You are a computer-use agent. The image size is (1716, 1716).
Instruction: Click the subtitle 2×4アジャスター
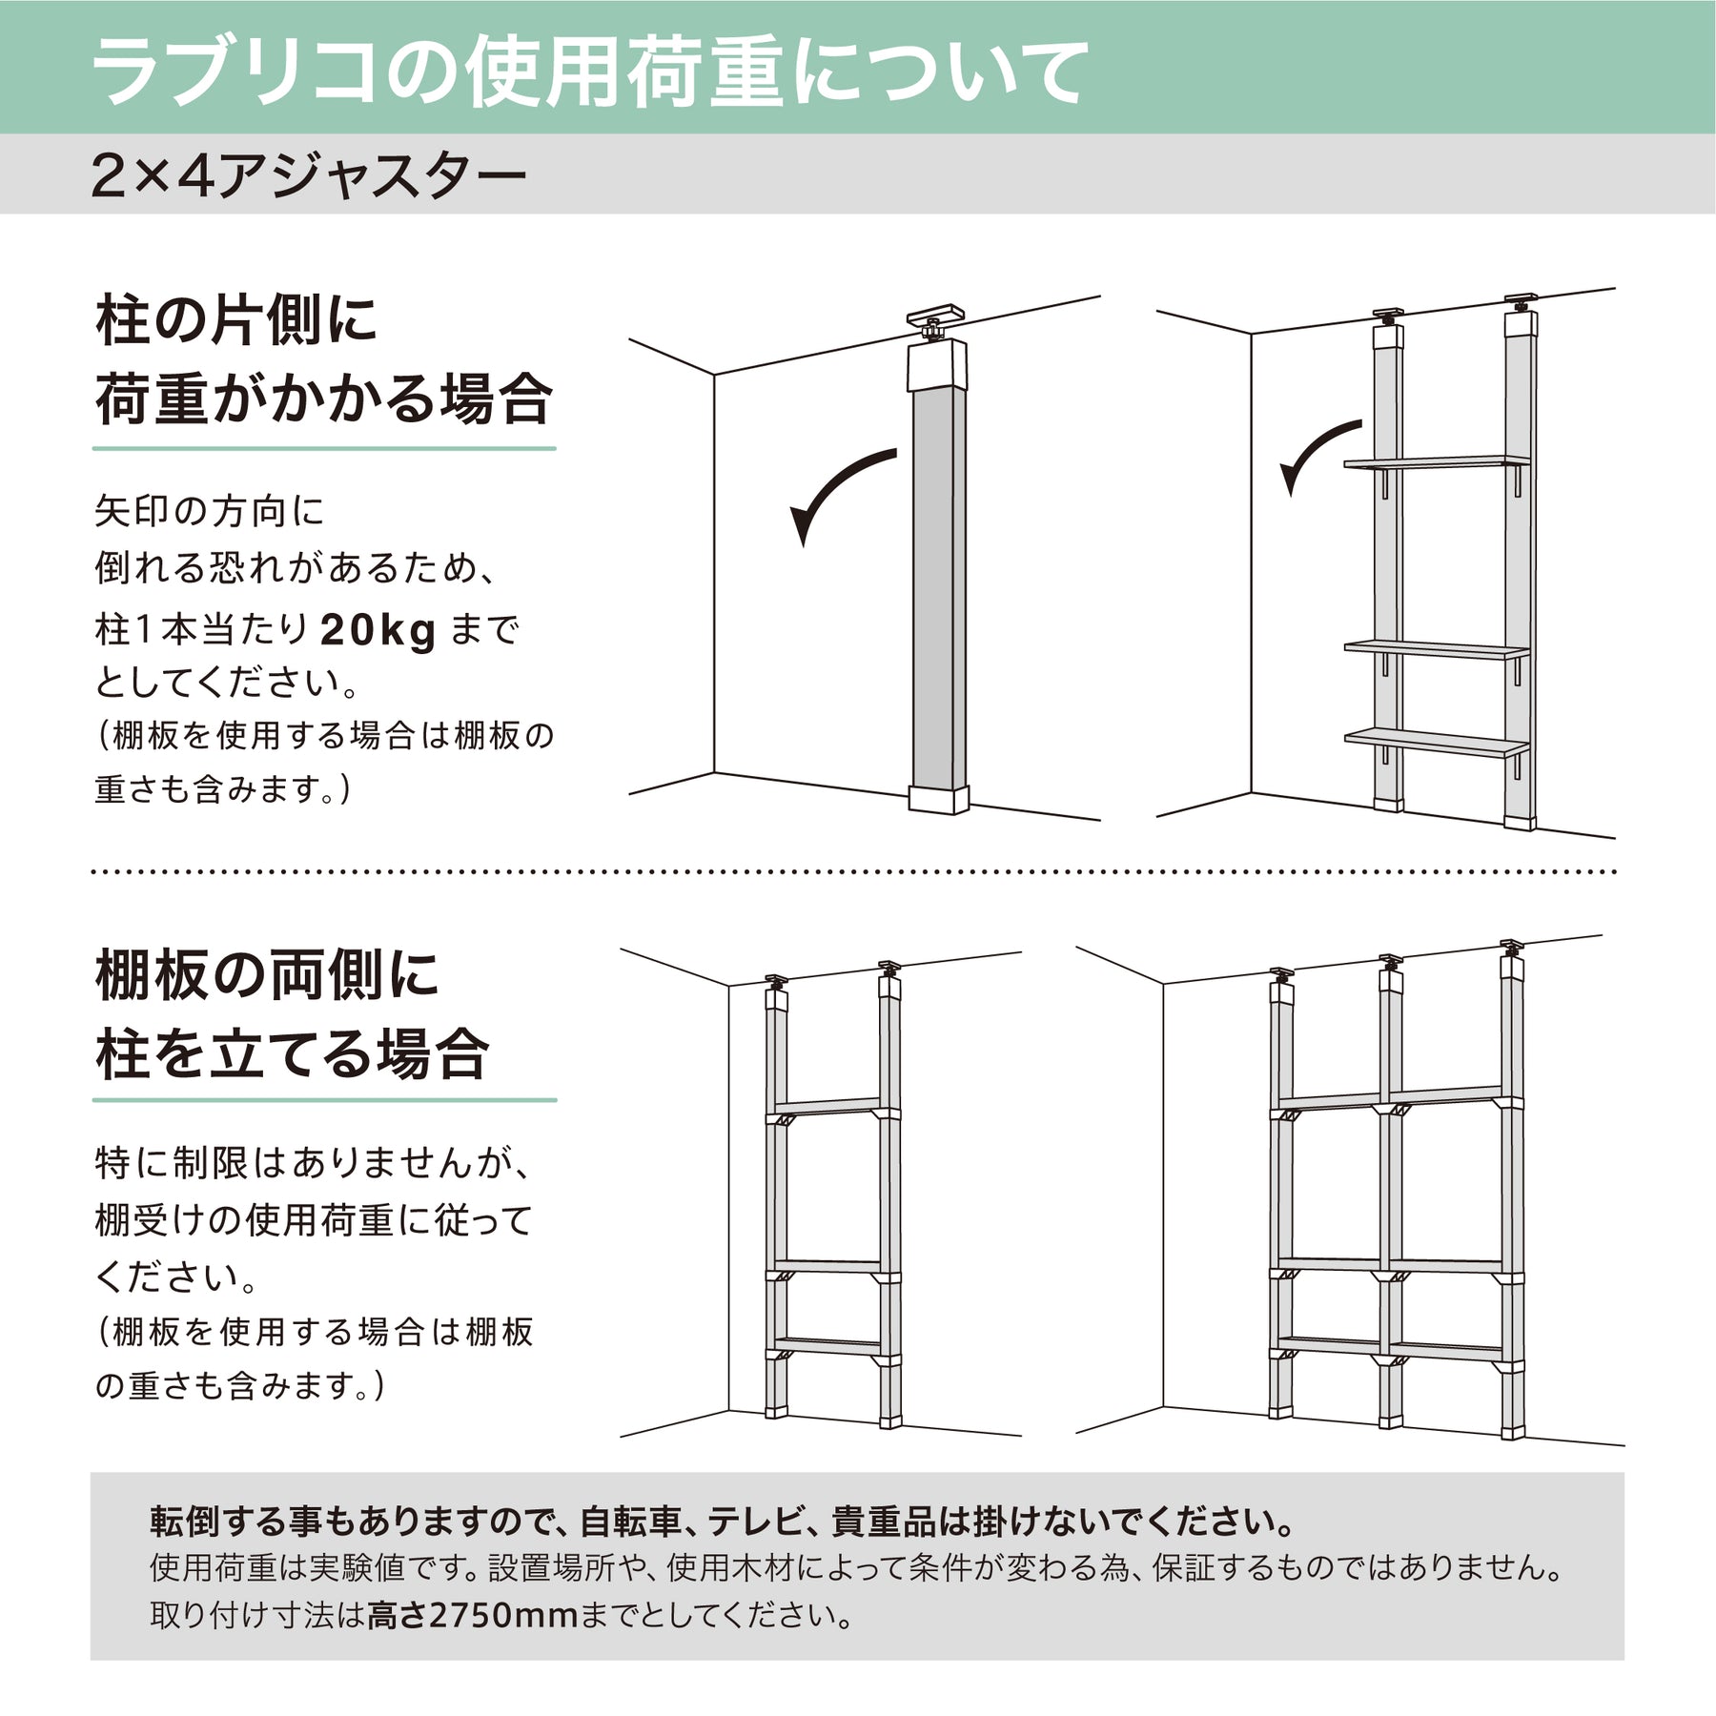(x=309, y=176)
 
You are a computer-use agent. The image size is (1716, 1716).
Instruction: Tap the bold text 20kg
(x=378, y=630)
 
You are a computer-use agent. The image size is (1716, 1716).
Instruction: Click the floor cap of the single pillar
(x=938, y=799)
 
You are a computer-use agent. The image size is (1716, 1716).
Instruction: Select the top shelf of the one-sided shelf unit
(x=1438, y=463)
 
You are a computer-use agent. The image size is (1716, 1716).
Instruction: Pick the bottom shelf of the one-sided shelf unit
(x=1438, y=742)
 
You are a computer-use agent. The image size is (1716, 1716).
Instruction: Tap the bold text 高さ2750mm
(x=473, y=1615)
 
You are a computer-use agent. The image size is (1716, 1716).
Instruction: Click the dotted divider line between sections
(x=854, y=871)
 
